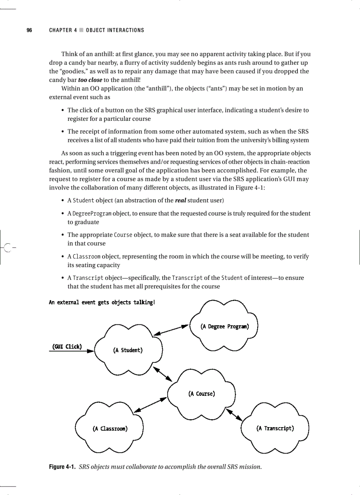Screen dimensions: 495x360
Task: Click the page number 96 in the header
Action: point(29,30)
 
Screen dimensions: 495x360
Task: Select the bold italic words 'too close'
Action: point(90,80)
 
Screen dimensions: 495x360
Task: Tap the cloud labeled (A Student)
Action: point(127,350)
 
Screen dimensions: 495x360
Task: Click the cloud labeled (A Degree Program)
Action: point(224,327)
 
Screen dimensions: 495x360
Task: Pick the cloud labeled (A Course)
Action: point(201,394)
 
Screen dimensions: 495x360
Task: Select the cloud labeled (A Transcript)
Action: point(275,428)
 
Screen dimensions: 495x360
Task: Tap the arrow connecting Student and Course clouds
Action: point(162,373)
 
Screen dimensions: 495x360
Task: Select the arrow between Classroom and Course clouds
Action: point(150,405)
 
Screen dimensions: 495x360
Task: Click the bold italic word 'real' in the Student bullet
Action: point(180,201)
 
